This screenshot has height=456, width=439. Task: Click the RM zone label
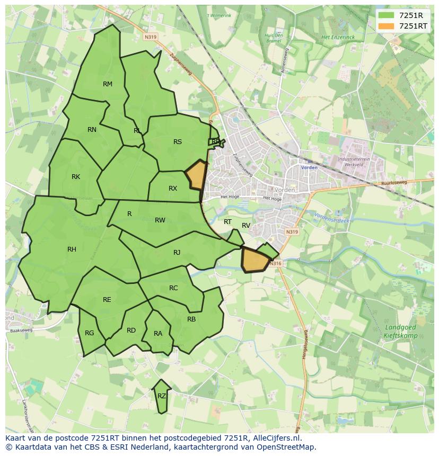(108, 84)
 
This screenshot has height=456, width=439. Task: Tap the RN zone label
(92, 130)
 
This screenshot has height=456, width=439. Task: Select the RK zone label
(76, 177)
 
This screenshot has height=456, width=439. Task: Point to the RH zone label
(72, 249)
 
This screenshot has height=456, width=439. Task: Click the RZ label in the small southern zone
(162, 396)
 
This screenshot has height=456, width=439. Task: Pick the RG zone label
(89, 333)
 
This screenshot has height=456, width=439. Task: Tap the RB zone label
(191, 319)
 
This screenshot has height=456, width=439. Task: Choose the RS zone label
(178, 142)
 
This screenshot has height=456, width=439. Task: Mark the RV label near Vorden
(246, 226)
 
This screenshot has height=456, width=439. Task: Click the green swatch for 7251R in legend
(387, 15)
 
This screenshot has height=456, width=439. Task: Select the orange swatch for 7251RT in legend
(387, 25)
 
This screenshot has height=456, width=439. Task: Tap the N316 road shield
(275, 264)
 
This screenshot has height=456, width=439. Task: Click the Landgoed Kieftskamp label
(400, 332)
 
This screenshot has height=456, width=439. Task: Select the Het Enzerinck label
(338, 38)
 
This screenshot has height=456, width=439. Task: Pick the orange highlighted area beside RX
(196, 175)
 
